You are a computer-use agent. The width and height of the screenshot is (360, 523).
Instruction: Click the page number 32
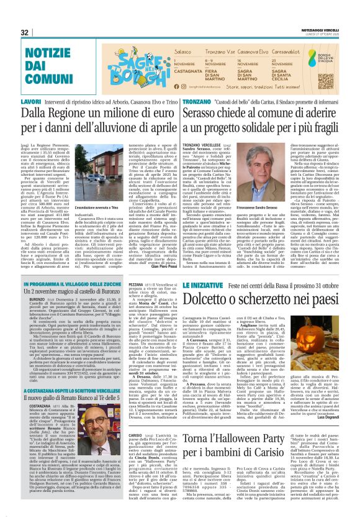[x=25, y=32]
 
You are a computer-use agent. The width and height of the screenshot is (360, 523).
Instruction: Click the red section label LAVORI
[x=31, y=101]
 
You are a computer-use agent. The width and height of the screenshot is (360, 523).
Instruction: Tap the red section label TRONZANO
[x=197, y=101]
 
